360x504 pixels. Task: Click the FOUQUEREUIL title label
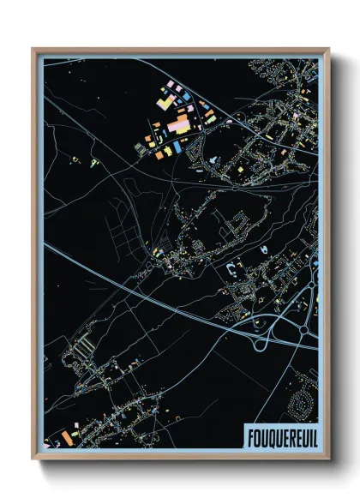(x=280, y=435)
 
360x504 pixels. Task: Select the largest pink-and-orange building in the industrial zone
(x=180, y=126)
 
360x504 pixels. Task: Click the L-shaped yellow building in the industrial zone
(x=164, y=102)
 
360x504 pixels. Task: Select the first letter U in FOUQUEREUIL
(x=263, y=435)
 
